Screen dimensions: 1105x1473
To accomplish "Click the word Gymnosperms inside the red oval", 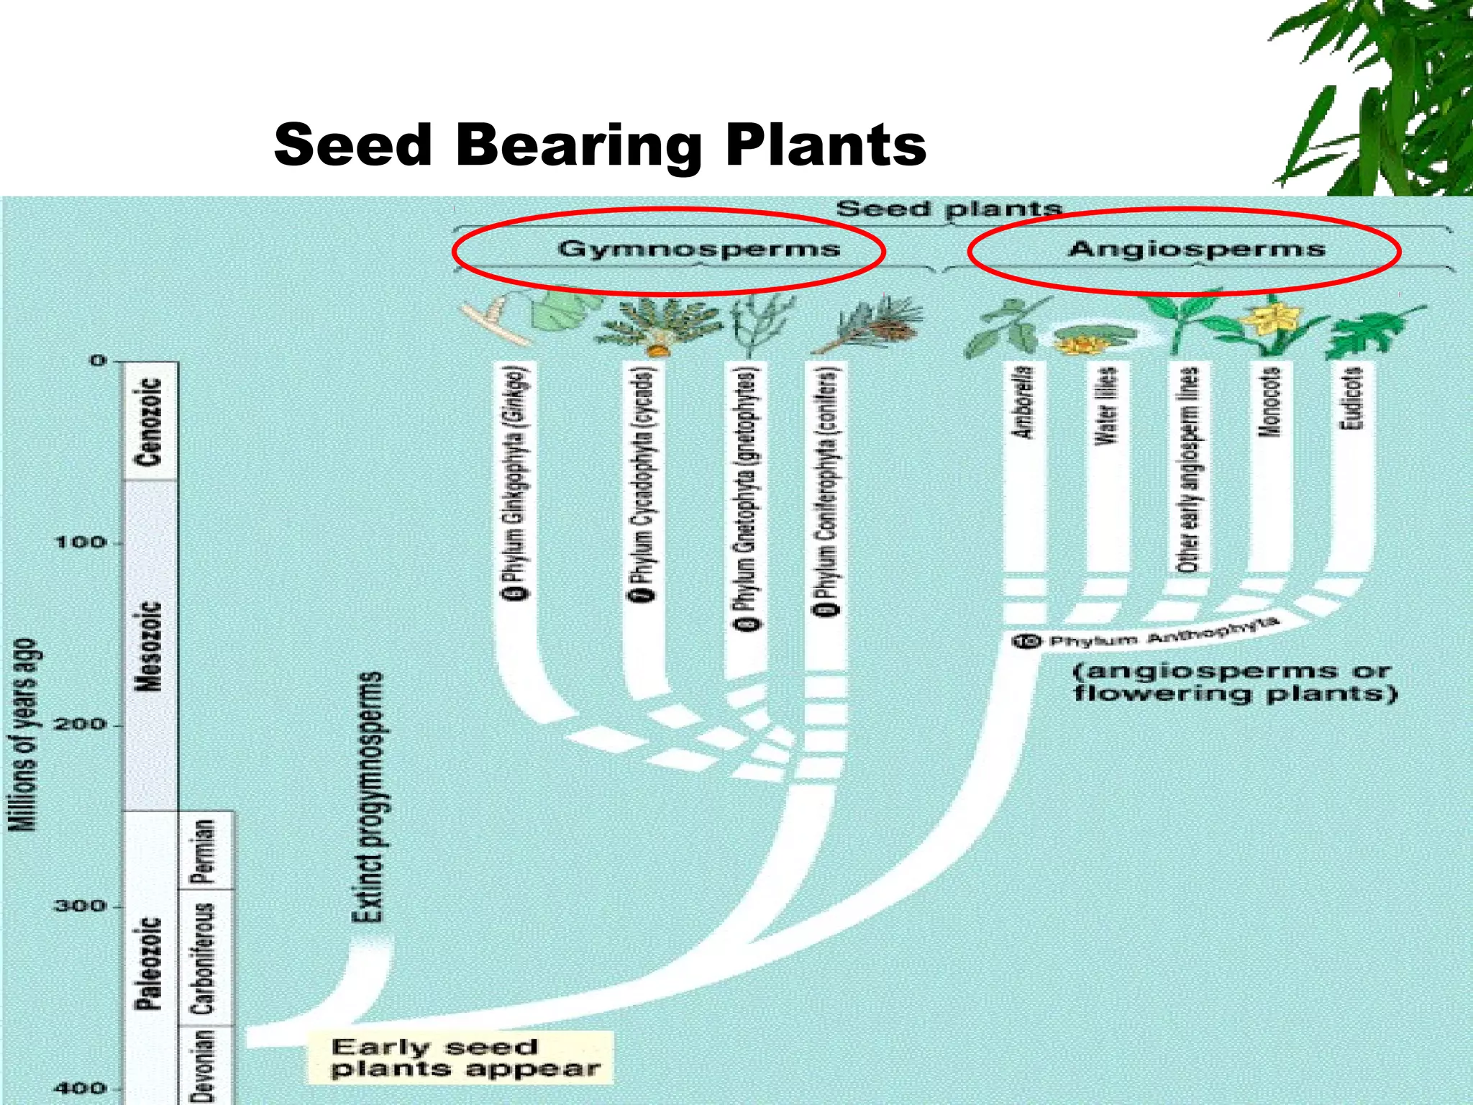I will (x=698, y=249).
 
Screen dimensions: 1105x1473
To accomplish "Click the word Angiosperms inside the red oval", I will (x=1196, y=249).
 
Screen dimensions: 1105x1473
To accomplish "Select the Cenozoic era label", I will (x=150, y=422).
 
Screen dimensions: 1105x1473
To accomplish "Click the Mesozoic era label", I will (x=150, y=645).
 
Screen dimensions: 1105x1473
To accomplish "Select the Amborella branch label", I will (x=1024, y=402).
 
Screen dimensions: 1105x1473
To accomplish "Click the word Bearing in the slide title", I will (x=578, y=145).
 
